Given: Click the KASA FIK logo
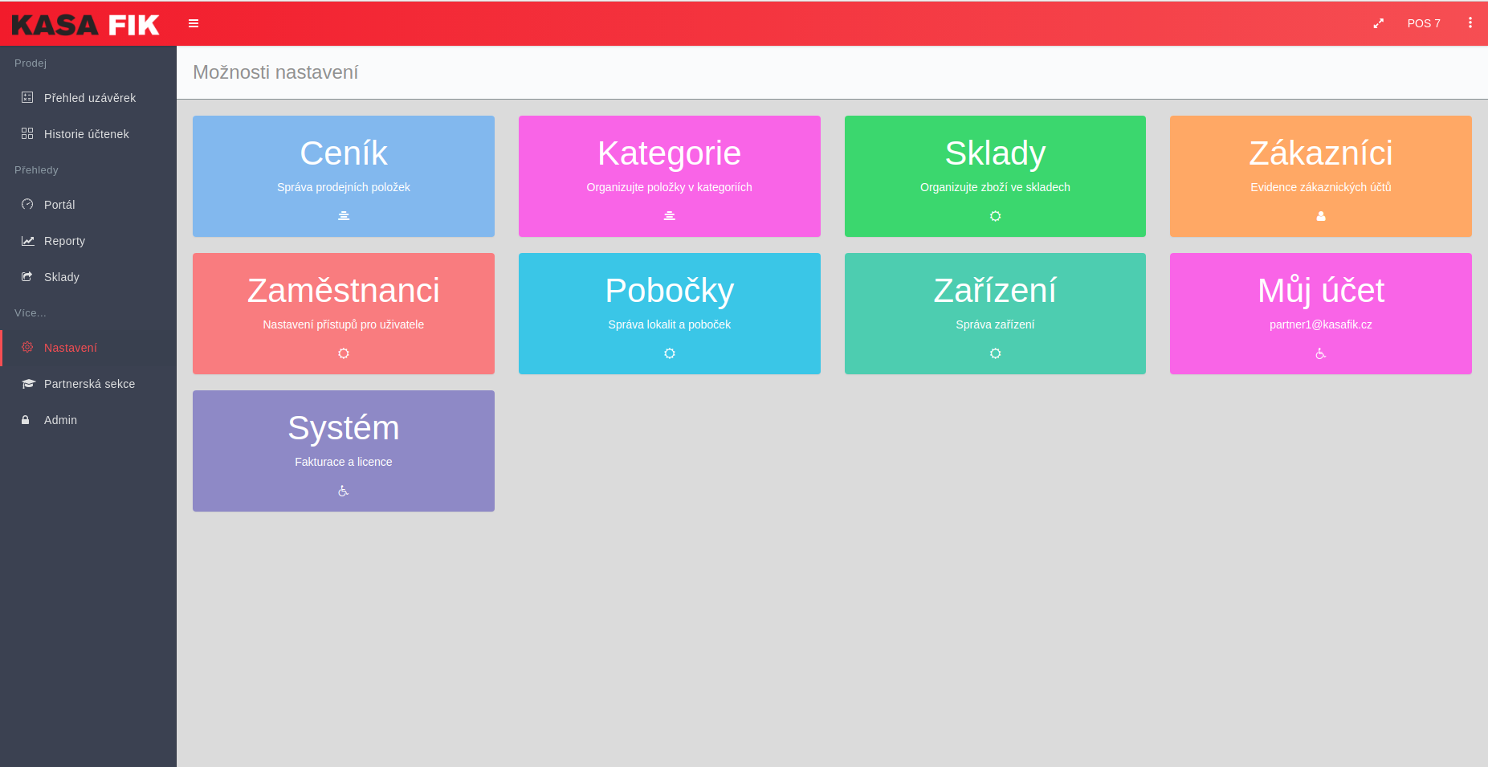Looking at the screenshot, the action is click(x=86, y=25).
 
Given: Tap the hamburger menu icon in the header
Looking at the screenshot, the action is click(x=194, y=23).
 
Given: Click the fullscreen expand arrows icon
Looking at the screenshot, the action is click(x=1378, y=23).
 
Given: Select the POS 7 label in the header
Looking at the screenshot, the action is click(x=1424, y=23).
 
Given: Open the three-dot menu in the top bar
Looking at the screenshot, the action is click(x=1470, y=23).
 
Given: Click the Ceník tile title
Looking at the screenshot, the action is click(x=344, y=153).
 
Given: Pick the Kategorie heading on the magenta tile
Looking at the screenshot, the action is click(x=670, y=153).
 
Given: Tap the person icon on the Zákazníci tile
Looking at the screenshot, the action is click(x=1321, y=216).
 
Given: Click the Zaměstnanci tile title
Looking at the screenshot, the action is click(x=344, y=290).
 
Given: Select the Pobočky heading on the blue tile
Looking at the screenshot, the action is click(x=670, y=291).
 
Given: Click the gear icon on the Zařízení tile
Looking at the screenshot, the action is click(x=995, y=353).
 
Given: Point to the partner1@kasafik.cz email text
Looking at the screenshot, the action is click(x=1321, y=324).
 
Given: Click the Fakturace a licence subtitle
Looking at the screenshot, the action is click(x=344, y=462).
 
